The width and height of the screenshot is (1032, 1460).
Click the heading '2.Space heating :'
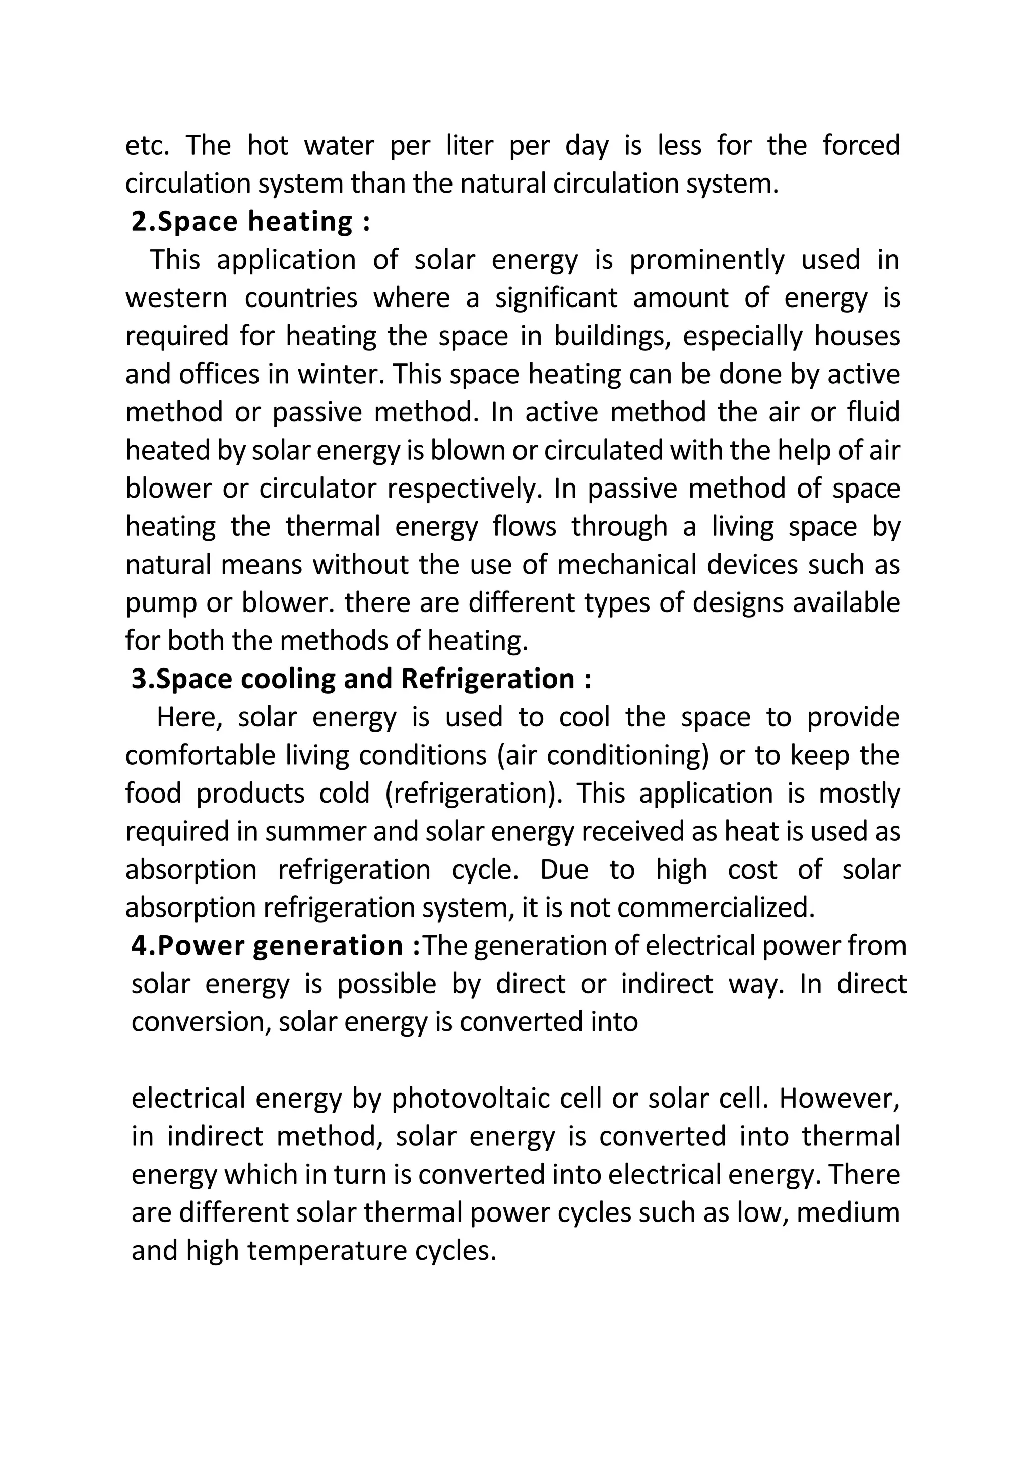[250, 222]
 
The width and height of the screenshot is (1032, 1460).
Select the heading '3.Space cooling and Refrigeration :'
[361, 679]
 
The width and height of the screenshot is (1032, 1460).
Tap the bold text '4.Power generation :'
[275, 946]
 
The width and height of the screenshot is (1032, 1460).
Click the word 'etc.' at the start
[147, 146]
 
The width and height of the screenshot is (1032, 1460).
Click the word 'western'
[176, 298]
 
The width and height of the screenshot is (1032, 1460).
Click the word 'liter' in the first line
[469, 146]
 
